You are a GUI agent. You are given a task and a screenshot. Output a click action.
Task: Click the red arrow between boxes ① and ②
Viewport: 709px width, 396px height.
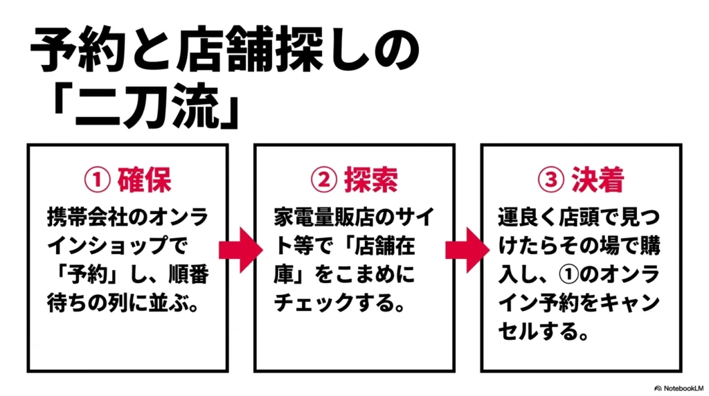tap(240, 250)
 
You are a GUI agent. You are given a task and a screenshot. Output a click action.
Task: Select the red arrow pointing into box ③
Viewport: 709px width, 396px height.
tap(467, 250)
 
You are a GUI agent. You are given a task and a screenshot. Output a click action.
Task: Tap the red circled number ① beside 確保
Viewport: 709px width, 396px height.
tap(97, 180)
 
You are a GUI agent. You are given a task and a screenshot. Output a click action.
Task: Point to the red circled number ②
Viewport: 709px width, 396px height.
tap(324, 180)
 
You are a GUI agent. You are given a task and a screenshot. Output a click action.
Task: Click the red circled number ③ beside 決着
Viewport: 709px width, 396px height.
tap(550, 180)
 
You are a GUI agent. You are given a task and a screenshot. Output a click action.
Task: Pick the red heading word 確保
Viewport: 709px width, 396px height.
tap(144, 180)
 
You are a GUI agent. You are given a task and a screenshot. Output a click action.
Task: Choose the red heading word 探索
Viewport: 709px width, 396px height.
tap(371, 180)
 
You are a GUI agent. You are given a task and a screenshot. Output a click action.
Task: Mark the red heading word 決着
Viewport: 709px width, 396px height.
tap(598, 180)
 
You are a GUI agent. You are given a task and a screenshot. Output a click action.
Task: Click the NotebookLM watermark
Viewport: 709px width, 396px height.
tap(679, 388)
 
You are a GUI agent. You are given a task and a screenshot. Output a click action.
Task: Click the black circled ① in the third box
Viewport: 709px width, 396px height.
tap(569, 275)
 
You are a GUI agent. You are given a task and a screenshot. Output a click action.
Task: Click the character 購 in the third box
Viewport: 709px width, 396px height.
tap(649, 246)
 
